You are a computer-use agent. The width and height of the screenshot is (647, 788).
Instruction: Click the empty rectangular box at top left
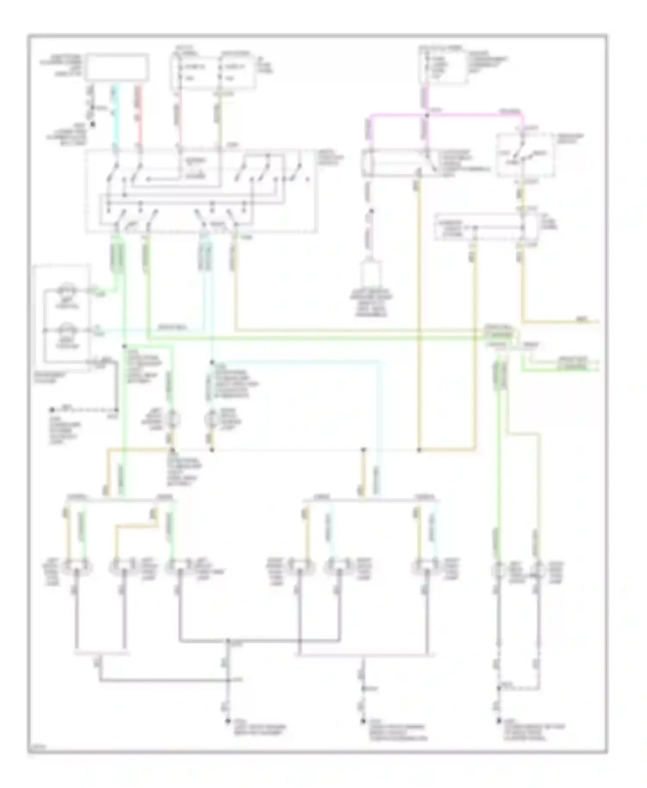click(117, 67)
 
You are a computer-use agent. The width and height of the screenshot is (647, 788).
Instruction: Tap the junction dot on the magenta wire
click(427, 115)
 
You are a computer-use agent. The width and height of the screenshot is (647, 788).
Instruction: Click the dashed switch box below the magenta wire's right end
click(525, 155)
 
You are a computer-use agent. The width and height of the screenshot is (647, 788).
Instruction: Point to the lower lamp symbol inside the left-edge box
click(67, 331)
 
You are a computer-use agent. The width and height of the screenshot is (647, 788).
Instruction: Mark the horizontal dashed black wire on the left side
click(84, 409)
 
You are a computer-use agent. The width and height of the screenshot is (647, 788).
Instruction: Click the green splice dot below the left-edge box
click(124, 346)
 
